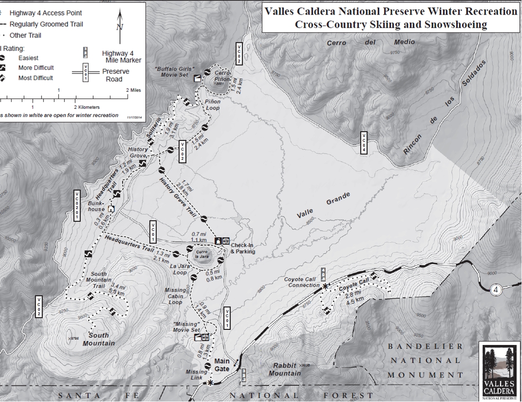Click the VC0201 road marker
tap(77, 205)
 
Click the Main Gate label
tap(222, 364)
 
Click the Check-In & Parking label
tap(243, 248)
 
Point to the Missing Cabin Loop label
tap(175, 296)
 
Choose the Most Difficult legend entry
tap(35, 78)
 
